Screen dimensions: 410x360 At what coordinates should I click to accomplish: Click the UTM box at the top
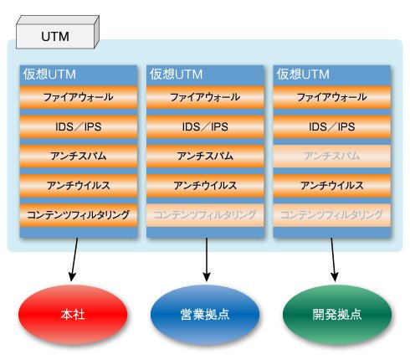pos(58,33)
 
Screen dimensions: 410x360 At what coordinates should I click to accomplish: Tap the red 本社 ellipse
pos(73,314)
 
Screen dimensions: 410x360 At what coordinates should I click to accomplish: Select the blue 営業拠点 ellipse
pos(205,314)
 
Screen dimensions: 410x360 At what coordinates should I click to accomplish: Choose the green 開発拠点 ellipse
pos(337,314)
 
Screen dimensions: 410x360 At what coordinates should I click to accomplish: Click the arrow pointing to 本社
pos(74,260)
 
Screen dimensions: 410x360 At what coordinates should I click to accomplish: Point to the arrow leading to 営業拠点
pos(207,260)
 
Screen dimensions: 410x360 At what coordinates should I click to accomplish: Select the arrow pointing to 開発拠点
pos(333,260)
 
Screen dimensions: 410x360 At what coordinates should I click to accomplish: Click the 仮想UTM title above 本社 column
pos(49,75)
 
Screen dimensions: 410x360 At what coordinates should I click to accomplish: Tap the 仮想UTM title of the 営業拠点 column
pos(176,75)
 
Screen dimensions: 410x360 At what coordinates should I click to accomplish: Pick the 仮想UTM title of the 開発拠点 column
pos(303,75)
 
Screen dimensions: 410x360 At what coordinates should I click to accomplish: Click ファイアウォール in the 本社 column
pos(79,97)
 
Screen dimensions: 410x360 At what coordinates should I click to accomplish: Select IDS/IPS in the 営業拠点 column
pos(205,126)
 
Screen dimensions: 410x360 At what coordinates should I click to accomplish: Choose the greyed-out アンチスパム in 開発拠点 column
pos(332,156)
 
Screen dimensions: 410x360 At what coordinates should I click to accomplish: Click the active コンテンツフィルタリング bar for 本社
pos(79,215)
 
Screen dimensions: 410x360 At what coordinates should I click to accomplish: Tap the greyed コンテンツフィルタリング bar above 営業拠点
pos(205,215)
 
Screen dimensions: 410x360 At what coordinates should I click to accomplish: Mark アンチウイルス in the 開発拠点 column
pos(332,186)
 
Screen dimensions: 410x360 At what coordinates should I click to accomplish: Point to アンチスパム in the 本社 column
pos(79,156)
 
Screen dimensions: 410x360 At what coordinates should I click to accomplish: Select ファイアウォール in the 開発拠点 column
pos(332,97)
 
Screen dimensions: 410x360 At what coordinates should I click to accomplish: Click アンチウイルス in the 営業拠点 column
pos(205,186)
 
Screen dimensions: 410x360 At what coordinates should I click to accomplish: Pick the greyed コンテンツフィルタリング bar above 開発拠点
pos(332,215)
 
